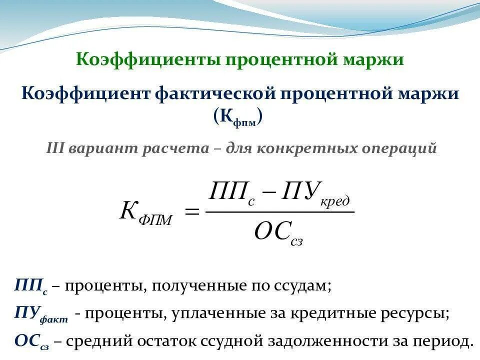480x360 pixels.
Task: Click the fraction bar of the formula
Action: pos(279,212)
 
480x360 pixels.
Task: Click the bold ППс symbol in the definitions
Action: pos(31,286)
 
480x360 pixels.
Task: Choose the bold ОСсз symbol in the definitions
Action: pos(31,341)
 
